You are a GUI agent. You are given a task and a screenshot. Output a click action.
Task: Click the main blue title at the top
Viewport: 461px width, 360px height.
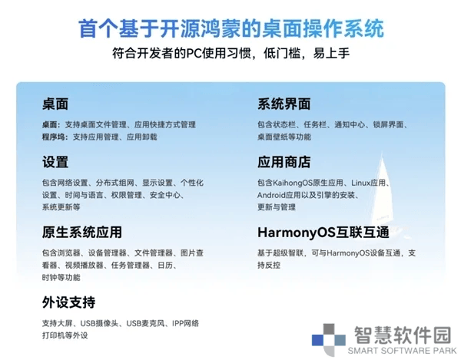pyautogui.click(x=231, y=28)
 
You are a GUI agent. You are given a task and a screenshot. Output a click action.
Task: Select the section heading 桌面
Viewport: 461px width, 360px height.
pyautogui.click(x=55, y=104)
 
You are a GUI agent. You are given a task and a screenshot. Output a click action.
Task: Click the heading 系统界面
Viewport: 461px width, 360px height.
pyautogui.click(x=284, y=104)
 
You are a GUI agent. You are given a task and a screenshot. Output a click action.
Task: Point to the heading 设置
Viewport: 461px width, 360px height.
pyautogui.click(x=55, y=162)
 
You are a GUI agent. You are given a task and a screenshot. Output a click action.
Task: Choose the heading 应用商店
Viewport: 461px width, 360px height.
pyautogui.click(x=284, y=162)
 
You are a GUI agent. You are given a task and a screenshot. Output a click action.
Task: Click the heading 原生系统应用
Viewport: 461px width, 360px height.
pyautogui.click(x=81, y=232)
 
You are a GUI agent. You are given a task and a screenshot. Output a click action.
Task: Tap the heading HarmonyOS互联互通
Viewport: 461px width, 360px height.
pyautogui.click(x=323, y=233)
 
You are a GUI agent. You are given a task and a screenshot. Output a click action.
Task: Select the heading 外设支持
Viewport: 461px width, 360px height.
pyautogui.click(x=68, y=302)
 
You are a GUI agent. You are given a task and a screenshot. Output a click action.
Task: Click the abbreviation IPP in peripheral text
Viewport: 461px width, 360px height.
pyautogui.click(x=178, y=323)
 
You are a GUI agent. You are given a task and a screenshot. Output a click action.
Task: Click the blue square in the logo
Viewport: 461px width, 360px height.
pyautogui.click(x=318, y=340)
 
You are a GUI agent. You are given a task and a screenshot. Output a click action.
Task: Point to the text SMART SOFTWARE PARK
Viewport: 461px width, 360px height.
pyautogui.click(x=402, y=351)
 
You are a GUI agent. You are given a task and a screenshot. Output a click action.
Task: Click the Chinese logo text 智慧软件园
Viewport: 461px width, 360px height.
pyautogui.click(x=403, y=335)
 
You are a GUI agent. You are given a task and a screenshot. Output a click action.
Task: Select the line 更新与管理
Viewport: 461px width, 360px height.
pyautogui.click(x=277, y=207)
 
